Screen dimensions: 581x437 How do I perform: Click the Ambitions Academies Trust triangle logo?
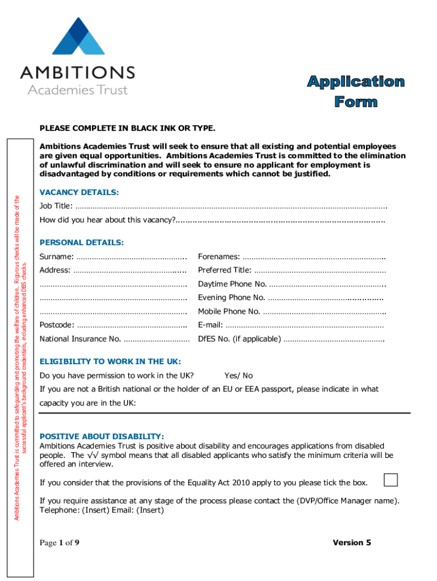point(78,39)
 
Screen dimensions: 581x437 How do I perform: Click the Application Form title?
point(356,92)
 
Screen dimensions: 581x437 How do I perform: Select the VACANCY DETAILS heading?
point(79,192)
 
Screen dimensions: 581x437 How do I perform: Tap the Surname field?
point(131,257)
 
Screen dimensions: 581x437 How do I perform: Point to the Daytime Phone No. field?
point(327,284)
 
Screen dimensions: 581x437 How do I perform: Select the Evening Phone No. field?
point(326,298)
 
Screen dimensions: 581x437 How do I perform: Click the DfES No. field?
point(334,339)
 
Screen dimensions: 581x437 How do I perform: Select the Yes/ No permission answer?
point(238,376)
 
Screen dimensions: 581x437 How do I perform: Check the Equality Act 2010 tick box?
point(390,479)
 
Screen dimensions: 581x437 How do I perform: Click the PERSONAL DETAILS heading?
point(81,243)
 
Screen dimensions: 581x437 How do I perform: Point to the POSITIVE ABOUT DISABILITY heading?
point(102,436)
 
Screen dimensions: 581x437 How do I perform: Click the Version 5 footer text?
point(352,543)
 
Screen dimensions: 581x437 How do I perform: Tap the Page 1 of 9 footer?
point(59,543)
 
